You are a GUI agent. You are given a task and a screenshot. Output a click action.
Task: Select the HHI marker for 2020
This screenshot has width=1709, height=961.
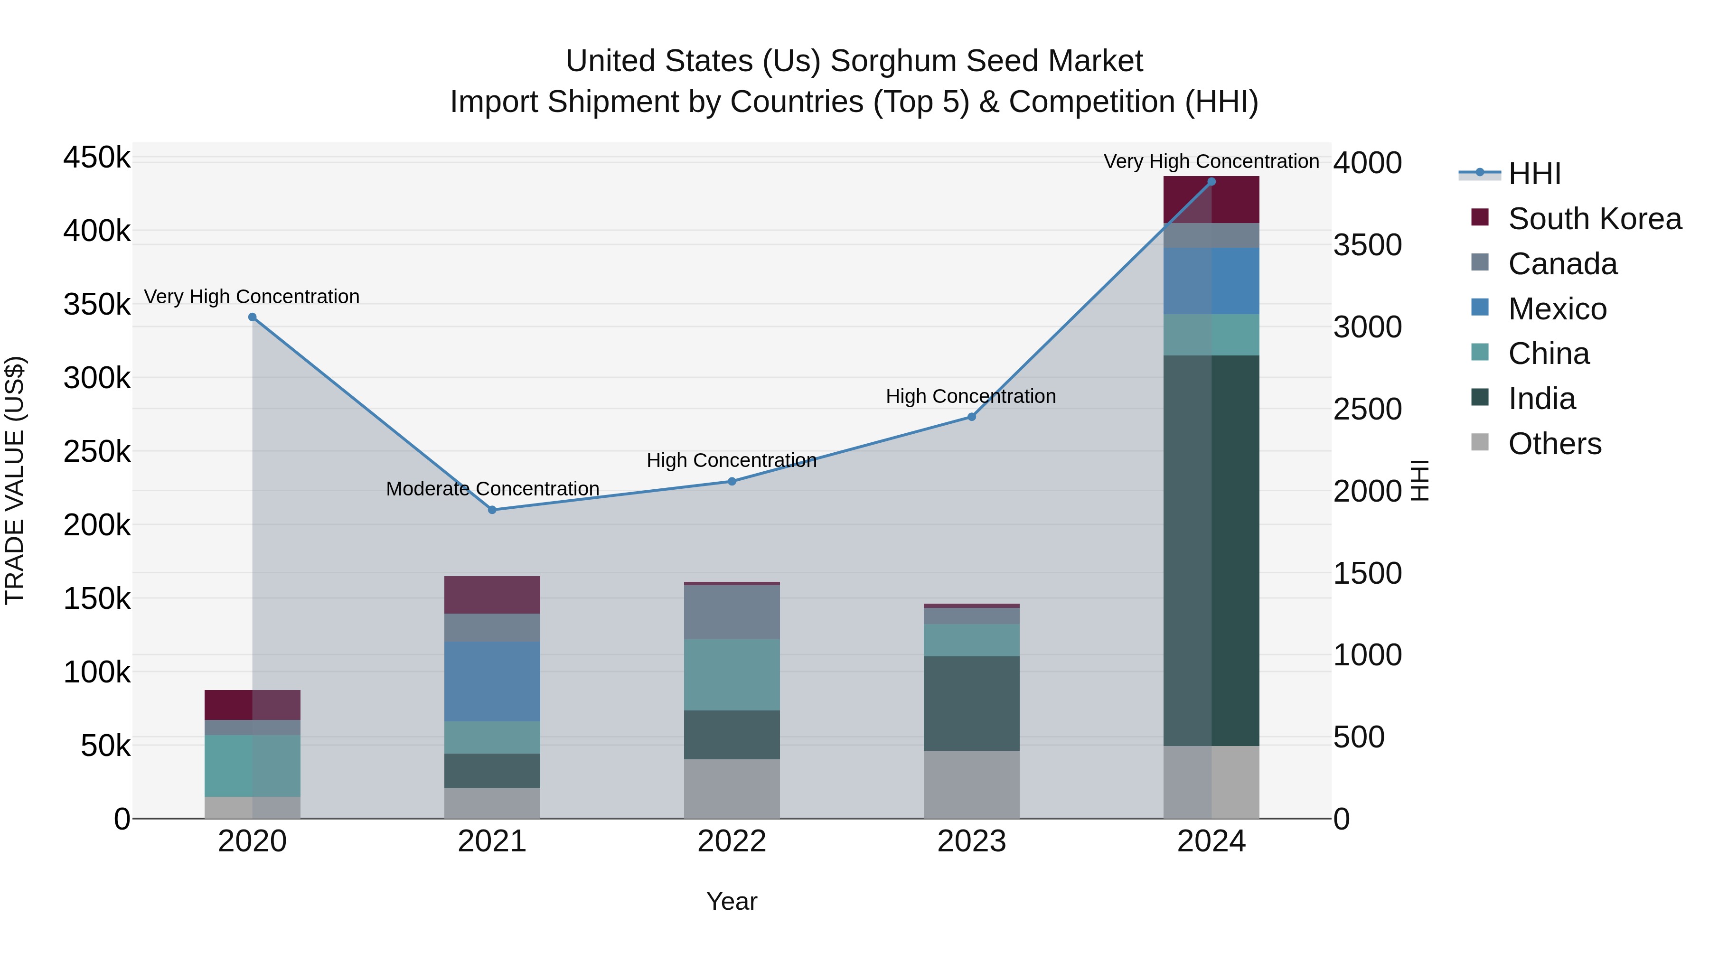(252, 317)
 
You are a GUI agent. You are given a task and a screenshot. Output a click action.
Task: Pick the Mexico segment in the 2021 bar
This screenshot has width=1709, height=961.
(492, 681)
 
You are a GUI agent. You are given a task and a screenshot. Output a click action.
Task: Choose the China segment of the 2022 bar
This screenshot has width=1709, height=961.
(732, 674)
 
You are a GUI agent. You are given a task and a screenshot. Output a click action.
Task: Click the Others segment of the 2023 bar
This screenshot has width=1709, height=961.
(971, 784)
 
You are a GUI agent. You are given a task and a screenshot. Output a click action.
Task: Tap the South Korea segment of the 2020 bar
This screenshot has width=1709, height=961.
(252, 704)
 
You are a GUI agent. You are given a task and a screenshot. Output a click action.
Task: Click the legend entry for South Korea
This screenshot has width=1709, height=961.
(1594, 219)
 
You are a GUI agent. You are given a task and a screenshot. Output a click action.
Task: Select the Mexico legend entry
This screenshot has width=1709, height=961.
(1557, 309)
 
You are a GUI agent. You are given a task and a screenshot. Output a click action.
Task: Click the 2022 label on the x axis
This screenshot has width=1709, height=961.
(732, 841)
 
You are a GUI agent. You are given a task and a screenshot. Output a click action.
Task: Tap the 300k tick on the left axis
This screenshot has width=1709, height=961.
(97, 379)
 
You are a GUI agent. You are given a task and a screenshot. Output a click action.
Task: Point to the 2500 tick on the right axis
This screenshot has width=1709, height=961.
(1367, 409)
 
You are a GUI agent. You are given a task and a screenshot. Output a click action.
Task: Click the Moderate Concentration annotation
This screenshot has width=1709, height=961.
(492, 489)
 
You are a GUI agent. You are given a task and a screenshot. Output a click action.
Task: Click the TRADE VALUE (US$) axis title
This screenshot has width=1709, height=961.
(15, 480)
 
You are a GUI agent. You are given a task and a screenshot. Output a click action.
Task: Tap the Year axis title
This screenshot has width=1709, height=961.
(732, 901)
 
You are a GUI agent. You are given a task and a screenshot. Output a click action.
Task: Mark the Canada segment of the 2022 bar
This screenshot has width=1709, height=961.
(732, 612)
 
